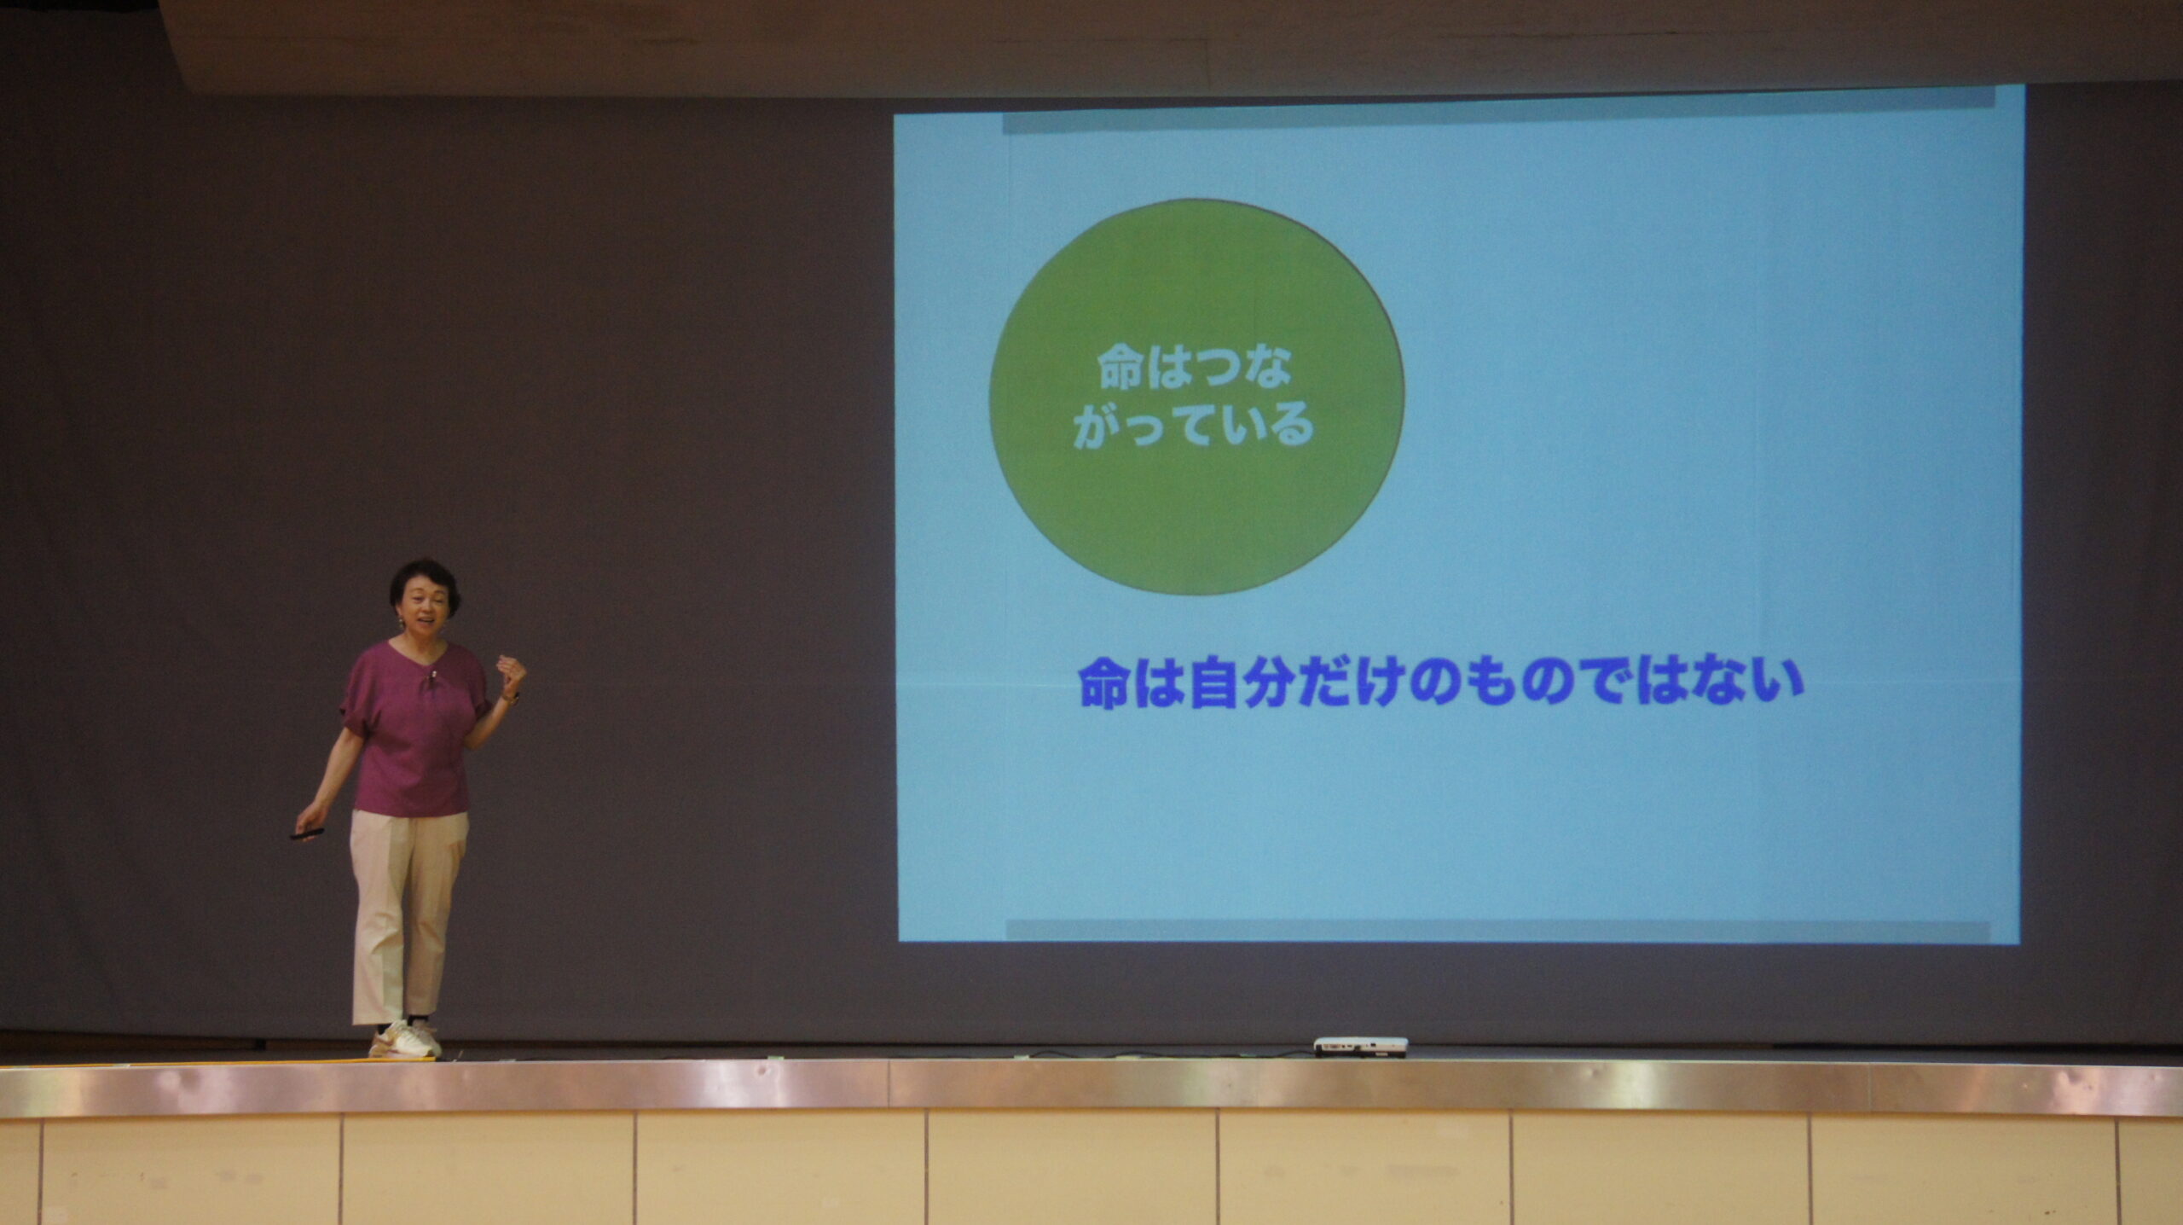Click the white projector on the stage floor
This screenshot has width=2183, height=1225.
coord(1360,1046)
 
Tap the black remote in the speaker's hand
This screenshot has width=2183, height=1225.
coord(307,833)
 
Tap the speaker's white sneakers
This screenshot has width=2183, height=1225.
coord(406,1039)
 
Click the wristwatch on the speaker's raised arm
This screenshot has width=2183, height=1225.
coord(510,698)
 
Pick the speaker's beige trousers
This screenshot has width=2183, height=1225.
coord(407,916)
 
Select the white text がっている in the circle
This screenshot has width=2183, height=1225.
coord(1194,425)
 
